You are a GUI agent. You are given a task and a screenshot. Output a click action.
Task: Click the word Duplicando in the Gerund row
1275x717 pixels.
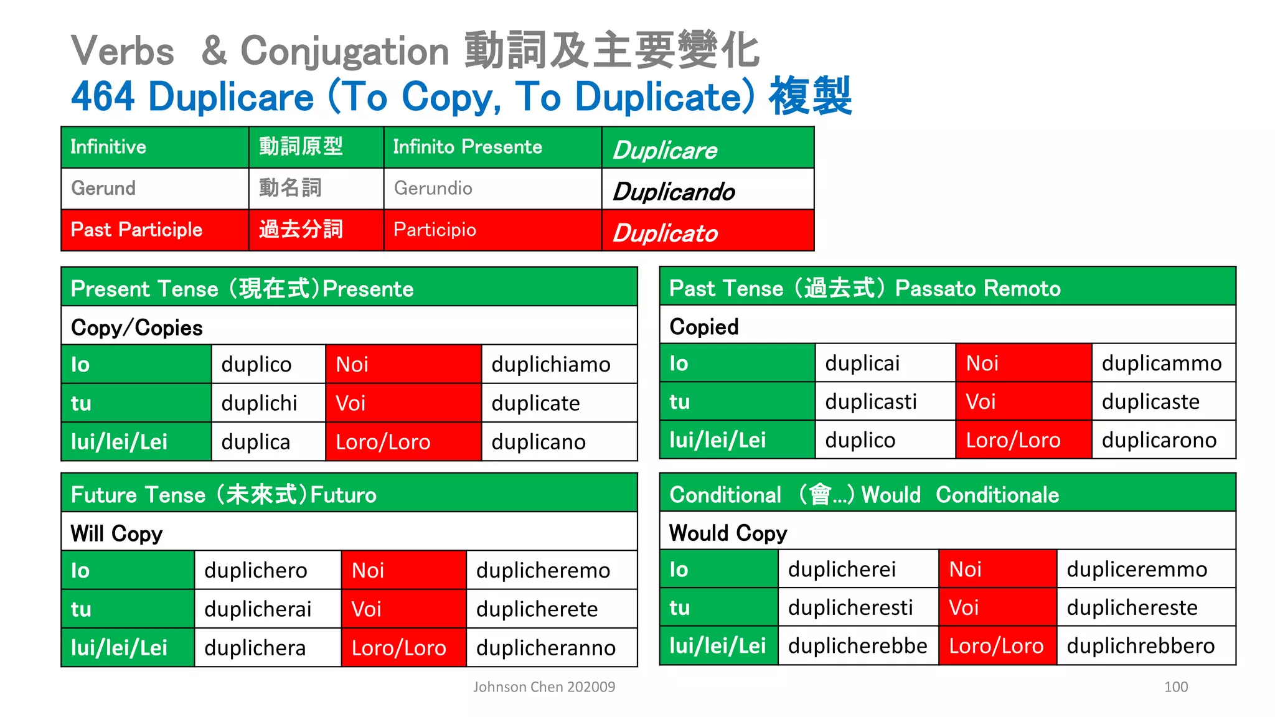pyautogui.click(x=674, y=192)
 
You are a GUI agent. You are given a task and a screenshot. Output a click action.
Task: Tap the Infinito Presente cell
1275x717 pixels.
pyautogui.click(x=468, y=147)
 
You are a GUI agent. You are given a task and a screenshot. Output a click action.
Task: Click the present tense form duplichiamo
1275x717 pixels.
pyautogui.click(x=551, y=364)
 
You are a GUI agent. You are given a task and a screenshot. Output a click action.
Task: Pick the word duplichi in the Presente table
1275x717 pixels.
pyautogui.click(x=259, y=403)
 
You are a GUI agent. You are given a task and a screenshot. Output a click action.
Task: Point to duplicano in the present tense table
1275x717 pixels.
pyautogui.click(x=539, y=442)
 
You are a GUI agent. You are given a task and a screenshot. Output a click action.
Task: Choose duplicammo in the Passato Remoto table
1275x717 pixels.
pyautogui.click(x=1162, y=363)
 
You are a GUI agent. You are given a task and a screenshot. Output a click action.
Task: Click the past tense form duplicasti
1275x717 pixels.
pyautogui.click(x=871, y=401)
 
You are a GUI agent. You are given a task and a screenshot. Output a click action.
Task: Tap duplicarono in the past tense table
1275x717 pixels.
pyautogui.click(x=1159, y=440)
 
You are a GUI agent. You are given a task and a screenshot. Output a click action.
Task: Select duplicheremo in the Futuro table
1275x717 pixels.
pyautogui.click(x=543, y=570)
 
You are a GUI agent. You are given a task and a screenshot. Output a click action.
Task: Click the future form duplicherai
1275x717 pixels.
pyautogui.click(x=258, y=609)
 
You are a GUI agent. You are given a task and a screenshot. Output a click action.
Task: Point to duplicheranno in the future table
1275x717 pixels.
pyautogui.click(x=546, y=647)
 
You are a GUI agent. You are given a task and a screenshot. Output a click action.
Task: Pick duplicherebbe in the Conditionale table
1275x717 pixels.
pyautogui.click(x=857, y=645)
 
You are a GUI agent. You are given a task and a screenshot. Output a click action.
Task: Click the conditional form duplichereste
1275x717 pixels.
pyautogui.click(x=1132, y=607)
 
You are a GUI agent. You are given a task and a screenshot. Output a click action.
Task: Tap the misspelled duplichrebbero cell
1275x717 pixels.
pyautogui.click(x=1141, y=645)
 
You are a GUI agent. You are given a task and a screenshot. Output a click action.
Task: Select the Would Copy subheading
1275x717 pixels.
pyautogui.click(x=728, y=533)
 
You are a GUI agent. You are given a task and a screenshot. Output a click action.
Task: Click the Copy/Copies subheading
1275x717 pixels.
pyautogui.click(x=137, y=327)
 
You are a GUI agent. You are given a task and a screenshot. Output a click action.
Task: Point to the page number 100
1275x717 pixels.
pyautogui.click(x=1175, y=687)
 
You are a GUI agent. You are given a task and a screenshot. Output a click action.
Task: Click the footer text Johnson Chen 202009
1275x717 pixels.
pyautogui.click(x=543, y=687)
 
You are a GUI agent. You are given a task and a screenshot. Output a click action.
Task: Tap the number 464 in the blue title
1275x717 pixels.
pyautogui.click(x=103, y=96)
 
